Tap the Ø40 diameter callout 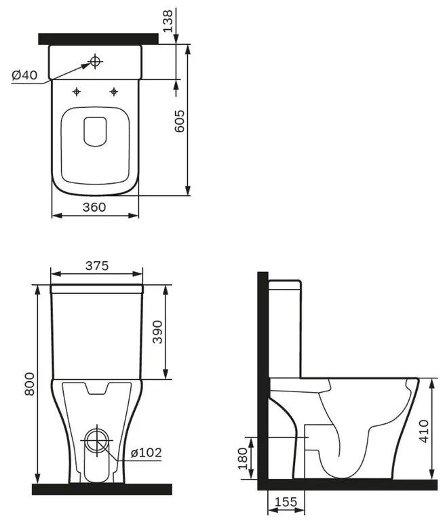click(x=24, y=75)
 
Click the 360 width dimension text click(x=94, y=207)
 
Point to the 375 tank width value click(x=96, y=266)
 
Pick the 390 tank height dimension click(x=157, y=332)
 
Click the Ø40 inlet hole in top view click(x=95, y=62)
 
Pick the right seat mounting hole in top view click(x=114, y=91)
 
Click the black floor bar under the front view click(x=102, y=488)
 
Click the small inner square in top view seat click(x=96, y=131)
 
